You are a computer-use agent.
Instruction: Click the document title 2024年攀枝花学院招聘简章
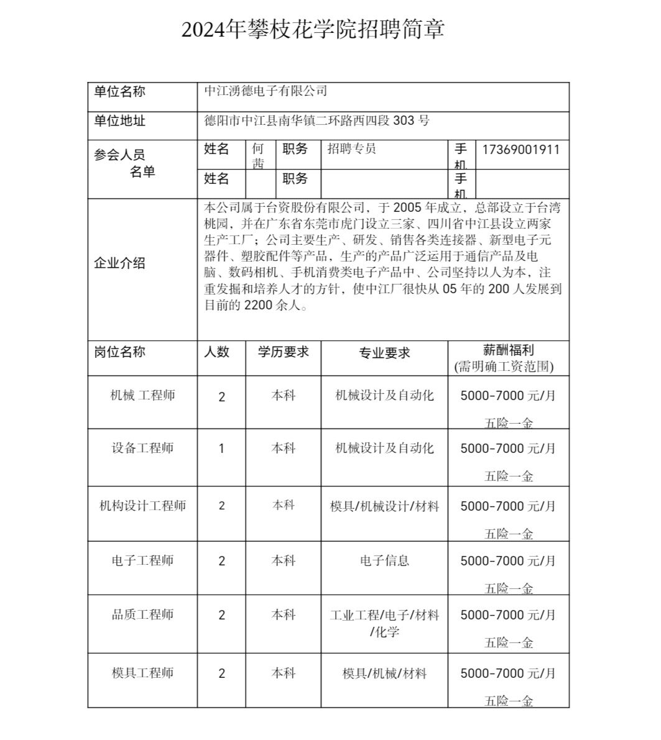313,29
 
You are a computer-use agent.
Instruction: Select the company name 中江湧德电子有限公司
266,91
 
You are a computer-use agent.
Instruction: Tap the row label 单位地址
120,121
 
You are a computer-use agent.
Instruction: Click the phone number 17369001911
521,150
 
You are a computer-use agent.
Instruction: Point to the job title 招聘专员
352,149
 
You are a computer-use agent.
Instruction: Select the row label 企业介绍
120,263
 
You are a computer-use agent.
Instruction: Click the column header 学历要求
284,352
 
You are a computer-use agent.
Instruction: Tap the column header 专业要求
384,353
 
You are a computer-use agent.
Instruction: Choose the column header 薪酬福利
509,350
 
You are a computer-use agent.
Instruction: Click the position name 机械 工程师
142,395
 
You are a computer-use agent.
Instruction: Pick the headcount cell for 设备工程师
222,449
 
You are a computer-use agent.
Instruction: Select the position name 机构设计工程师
143,506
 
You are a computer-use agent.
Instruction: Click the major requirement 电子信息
384,560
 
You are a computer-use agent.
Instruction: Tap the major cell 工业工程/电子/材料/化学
384,623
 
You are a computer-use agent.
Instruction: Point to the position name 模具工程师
142,673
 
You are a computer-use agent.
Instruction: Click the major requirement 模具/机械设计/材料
384,506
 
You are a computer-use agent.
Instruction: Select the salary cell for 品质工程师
508,628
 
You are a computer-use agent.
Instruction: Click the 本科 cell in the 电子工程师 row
284,560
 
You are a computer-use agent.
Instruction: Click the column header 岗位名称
120,352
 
